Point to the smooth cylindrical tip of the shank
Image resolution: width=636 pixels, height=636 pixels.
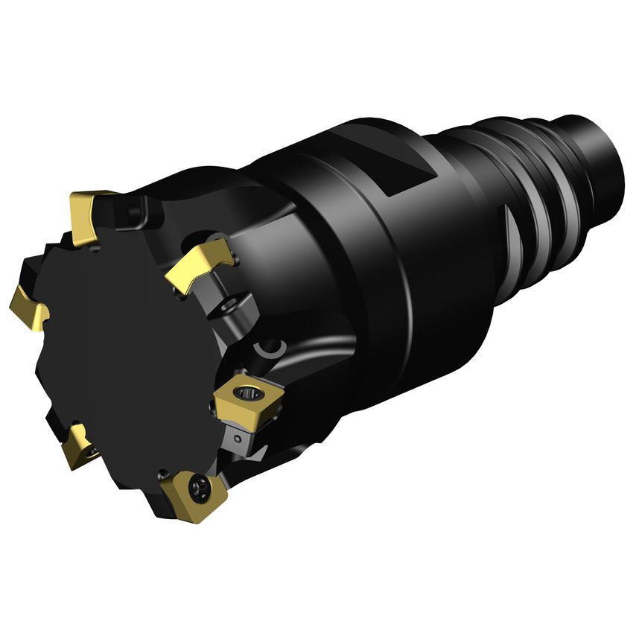point(603,149)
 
